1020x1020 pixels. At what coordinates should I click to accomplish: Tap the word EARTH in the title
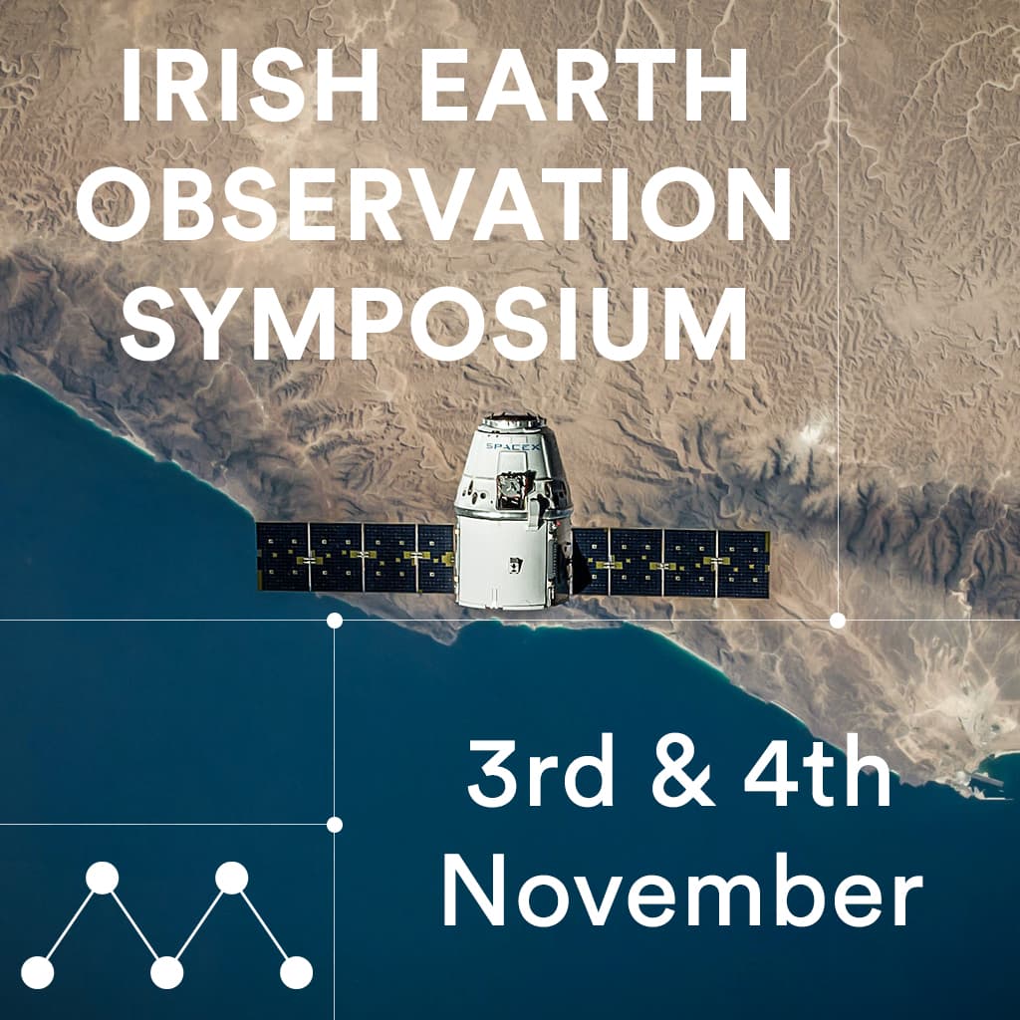point(585,86)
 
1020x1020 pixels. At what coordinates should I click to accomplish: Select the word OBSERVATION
point(434,204)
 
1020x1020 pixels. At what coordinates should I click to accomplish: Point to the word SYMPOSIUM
point(434,324)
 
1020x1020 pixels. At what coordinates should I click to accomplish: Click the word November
point(682,891)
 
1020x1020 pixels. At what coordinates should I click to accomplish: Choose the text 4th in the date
point(818,771)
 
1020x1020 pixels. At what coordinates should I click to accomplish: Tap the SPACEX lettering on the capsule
point(513,447)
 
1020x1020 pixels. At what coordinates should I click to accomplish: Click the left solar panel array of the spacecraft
point(356,557)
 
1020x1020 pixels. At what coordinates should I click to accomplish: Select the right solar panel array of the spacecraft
point(670,564)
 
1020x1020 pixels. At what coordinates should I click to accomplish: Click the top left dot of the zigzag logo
point(103,878)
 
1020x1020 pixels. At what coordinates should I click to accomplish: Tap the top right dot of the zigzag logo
point(231,878)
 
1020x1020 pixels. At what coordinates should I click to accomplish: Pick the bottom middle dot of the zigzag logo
point(166,973)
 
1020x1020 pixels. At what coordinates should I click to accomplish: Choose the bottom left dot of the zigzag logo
point(38,973)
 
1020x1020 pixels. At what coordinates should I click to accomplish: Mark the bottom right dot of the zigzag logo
point(296,973)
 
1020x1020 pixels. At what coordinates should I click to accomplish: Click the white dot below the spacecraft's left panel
point(335,621)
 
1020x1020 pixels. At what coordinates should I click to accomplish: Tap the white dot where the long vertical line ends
point(838,621)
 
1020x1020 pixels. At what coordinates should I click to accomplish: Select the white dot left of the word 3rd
point(335,825)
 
